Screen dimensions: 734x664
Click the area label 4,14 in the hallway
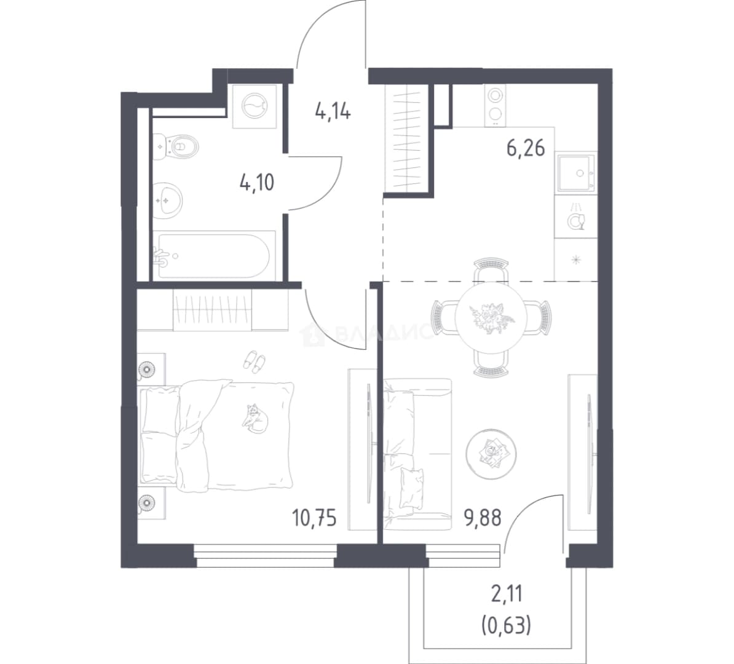click(x=333, y=113)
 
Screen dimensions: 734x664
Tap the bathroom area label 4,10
click(x=256, y=182)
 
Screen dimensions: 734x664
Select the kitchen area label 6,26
click(x=526, y=148)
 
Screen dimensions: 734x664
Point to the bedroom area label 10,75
click(x=314, y=518)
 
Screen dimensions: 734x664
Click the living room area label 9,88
click(x=483, y=518)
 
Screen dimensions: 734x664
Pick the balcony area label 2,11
click(x=507, y=595)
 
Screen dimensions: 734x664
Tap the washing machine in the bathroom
click(x=255, y=106)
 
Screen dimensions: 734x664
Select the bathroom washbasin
click(x=168, y=200)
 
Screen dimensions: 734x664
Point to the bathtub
click(x=213, y=256)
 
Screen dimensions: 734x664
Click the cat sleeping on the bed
click(x=255, y=417)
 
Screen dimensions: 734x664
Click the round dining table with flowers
click(x=491, y=317)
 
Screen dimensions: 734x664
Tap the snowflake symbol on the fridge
click(x=576, y=258)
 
